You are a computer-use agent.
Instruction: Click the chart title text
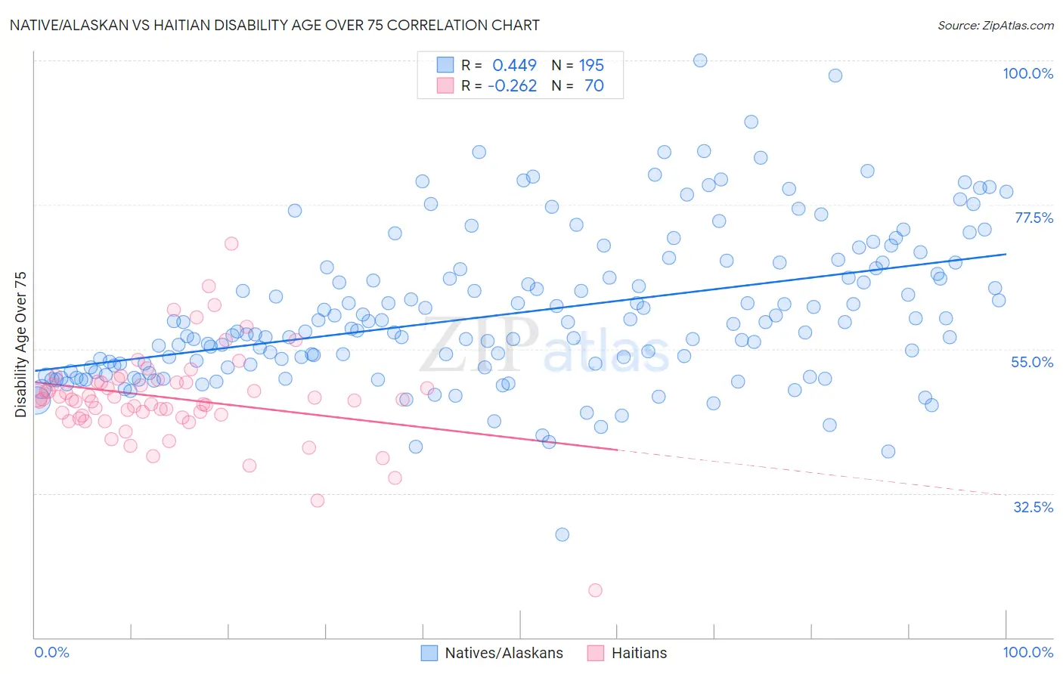pos(274,25)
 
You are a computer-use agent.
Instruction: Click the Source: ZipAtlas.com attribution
pos(995,25)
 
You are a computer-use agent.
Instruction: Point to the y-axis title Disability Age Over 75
pos(21,345)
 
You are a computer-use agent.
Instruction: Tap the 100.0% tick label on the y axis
pos(1027,73)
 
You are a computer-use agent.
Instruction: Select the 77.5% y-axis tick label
pos(1034,218)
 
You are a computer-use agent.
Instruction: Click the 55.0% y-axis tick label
pos(1032,362)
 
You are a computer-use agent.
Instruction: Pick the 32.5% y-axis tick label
pos(1033,507)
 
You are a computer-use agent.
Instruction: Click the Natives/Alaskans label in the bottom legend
pos(504,653)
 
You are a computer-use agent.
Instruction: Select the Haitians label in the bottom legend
pos(639,653)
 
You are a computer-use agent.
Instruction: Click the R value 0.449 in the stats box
pos(514,65)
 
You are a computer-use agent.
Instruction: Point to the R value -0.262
pos(512,85)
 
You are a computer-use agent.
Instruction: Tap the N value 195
pos(591,65)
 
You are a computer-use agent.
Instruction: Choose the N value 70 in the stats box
pos(593,85)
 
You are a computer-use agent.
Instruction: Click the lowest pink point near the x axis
pos(595,590)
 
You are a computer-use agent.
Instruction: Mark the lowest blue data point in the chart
pos(562,534)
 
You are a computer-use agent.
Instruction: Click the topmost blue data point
pos(700,60)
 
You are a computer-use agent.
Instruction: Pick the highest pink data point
pos(231,243)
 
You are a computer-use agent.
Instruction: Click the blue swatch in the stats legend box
pos(445,65)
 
